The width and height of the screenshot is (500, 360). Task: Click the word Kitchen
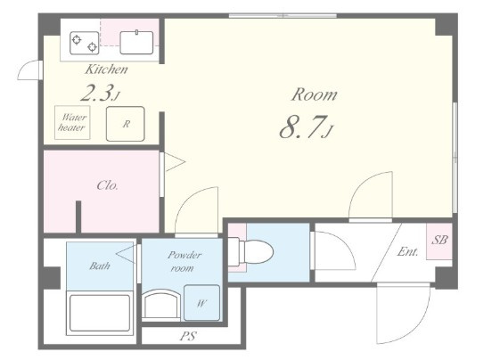pyautogui.click(x=106, y=70)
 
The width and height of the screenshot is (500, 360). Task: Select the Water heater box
pyautogui.click(x=72, y=122)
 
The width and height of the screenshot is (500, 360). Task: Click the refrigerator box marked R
pyautogui.click(x=126, y=124)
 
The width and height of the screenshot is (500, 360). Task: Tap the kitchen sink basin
pyautogui.click(x=136, y=43)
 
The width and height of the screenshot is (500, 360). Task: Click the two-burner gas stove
pyautogui.click(x=84, y=43)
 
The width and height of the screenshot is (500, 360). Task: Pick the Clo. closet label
pyautogui.click(x=108, y=185)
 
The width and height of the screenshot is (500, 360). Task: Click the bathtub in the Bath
pyautogui.click(x=100, y=313)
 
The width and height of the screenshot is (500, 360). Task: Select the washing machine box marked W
pyautogui.click(x=201, y=302)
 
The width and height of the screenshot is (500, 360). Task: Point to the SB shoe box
pyautogui.click(x=439, y=241)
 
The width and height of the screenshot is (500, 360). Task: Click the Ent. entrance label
pyautogui.click(x=407, y=252)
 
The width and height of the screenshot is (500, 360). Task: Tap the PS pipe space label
pyautogui.click(x=188, y=336)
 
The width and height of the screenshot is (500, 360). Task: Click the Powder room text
pyautogui.click(x=184, y=261)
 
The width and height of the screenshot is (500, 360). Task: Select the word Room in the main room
pyautogui.click(x=315, y=94)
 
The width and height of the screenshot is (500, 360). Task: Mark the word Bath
pyautogui.click(x=100, y=266)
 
